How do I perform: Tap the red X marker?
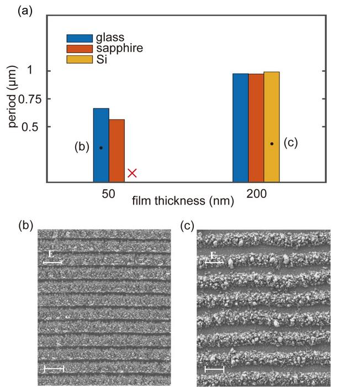click(133, 173)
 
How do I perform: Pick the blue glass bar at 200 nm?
click(240, 128)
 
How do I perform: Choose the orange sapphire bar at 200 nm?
click(256, 128)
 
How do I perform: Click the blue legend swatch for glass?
click(75, 38)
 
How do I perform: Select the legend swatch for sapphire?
click(75, 49)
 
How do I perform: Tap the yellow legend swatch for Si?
click(75, 59)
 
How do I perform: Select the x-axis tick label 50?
click(109, 194)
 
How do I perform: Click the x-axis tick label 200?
click(256, 194)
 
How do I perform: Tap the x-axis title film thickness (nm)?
click(183, 202)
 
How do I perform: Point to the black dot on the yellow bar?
click(272, 144)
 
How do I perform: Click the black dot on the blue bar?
click(101, 148)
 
